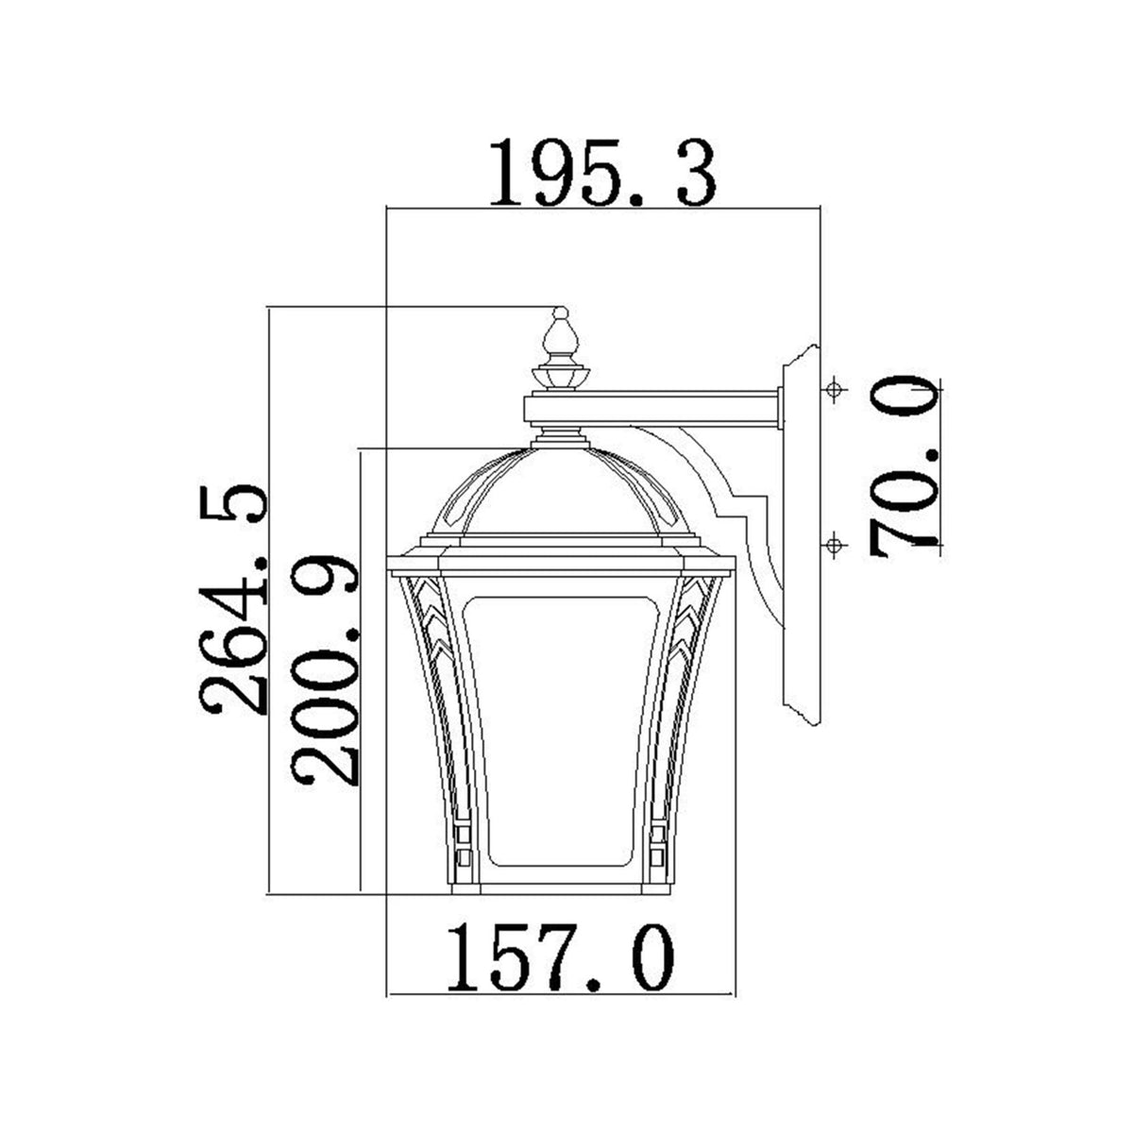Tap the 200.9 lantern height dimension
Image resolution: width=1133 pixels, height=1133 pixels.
(x=325, y=670)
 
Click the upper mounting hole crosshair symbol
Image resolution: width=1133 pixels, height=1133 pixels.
(x=833, y=390)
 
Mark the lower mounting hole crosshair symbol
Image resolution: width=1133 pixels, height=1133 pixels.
(x=833, y=544)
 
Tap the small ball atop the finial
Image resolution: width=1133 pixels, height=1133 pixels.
(x=560, y=312)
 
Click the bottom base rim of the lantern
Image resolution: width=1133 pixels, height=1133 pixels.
(x=560, y=888)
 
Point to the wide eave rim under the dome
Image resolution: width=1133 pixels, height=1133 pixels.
(x=560, y=565)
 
